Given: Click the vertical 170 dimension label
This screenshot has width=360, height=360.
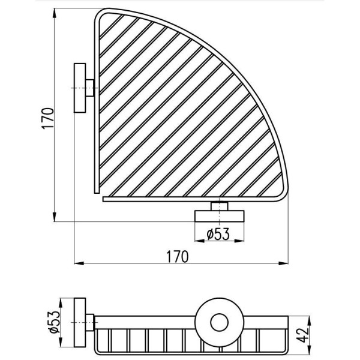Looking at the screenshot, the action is (48, 118).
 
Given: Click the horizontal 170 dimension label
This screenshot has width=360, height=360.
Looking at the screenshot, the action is (177, 257).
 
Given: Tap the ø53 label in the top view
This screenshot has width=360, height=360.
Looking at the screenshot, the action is (218, 235).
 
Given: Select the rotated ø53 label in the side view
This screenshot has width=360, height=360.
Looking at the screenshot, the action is (55, 322).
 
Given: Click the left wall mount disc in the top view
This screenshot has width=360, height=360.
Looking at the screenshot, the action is (80, 88).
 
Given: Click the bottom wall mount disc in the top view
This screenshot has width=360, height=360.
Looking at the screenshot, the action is (220, 216).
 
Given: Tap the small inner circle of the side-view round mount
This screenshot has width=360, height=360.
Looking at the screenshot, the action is (219, 323).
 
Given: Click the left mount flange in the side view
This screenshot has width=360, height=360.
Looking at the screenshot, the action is (80, 323).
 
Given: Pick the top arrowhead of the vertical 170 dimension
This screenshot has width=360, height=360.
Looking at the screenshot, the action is (54, 13).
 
